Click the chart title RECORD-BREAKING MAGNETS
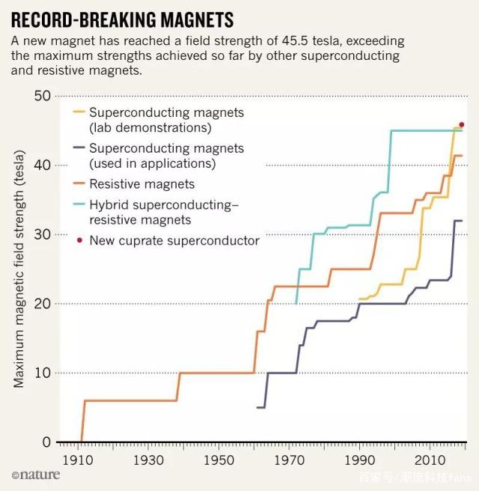point(121,19)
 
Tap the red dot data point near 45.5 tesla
point(462,124)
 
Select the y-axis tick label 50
point(43,96)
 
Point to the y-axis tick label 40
point(43,165)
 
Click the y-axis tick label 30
point(43,234)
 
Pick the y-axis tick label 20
point(43,304)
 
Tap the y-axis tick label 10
point(43,373)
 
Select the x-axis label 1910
point(78,459)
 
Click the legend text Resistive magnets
point(141,184)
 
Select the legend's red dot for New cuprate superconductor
point(79,240)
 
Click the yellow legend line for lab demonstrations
point(79,113)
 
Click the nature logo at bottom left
point(36,475)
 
